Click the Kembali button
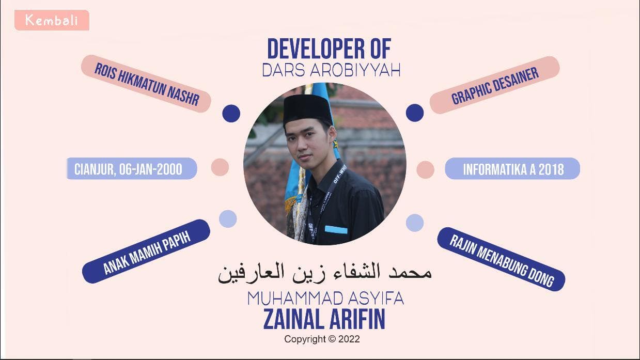(x=52, y=20)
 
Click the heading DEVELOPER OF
(x=329, y=49)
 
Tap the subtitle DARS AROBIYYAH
(x=331, y=70)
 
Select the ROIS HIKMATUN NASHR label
(x=146, y=84)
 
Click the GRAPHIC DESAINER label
(x=494, y=85)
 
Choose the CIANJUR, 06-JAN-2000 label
(x=132, y=168)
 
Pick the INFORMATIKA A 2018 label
(x=512, y=168)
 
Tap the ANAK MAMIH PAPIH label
(x=146, y=252)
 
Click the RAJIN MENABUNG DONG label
(x=501, y=259)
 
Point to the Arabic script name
(x=325, y=273)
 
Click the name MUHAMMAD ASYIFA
(x=325, y=299)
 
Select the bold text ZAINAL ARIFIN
(x=324, y=319)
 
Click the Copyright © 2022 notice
(x=322, y=339)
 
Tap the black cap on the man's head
(x=307, y=108)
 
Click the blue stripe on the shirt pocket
(x=336, y=230)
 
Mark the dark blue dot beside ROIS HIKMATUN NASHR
(x=231, y=114)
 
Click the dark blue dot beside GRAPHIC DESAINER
(x=415, y=113)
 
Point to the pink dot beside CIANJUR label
(x=220, y=167)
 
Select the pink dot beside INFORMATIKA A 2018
(x=426, y=170)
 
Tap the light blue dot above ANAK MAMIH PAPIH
(x=228, y=219)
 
